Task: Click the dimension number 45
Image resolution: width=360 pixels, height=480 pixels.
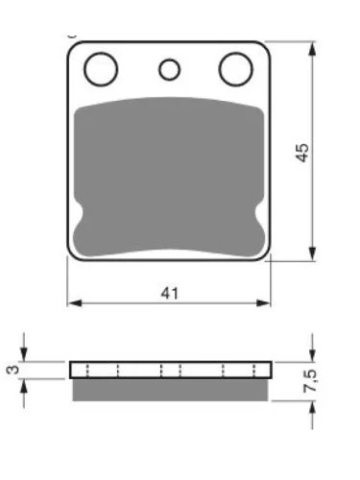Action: tap(302, 153)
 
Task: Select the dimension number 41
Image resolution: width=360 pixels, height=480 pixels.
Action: tap(170, 293)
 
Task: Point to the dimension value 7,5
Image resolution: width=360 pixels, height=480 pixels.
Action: tap(310, 381)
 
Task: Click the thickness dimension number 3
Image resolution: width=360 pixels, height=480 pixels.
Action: tap(13, 370)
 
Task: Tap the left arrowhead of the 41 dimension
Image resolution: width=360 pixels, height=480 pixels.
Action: tap(75, 303)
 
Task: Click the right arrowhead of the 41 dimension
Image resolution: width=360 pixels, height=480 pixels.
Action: tap(264, 303)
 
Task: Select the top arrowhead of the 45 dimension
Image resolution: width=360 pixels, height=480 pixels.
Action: tap(312, 49)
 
